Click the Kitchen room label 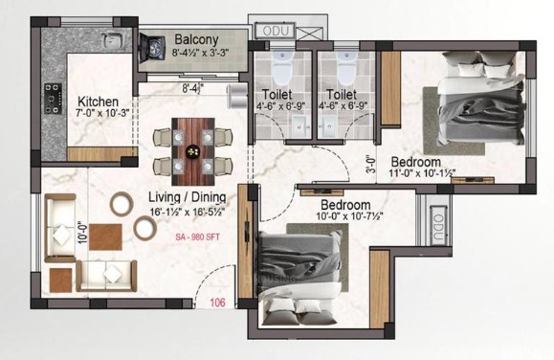coord(98,101)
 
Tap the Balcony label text coord(196,39)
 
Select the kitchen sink coord(113,40)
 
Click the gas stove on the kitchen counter coord(54,99)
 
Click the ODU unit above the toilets coord(275,31)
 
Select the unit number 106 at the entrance coord(217,303)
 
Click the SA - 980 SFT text coord(197,236)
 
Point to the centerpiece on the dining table coord(193,151)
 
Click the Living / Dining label coord(187,197)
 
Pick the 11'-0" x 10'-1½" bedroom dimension coord(422,173)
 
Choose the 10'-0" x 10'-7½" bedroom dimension coord(350,215)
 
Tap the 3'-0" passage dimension coord(370,165)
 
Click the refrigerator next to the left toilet coord(237,96)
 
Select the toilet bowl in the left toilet coord(282,68)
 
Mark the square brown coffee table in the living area coord(105,236)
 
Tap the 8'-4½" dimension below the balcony coord(193,88)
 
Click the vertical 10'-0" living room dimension coord(82,233)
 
